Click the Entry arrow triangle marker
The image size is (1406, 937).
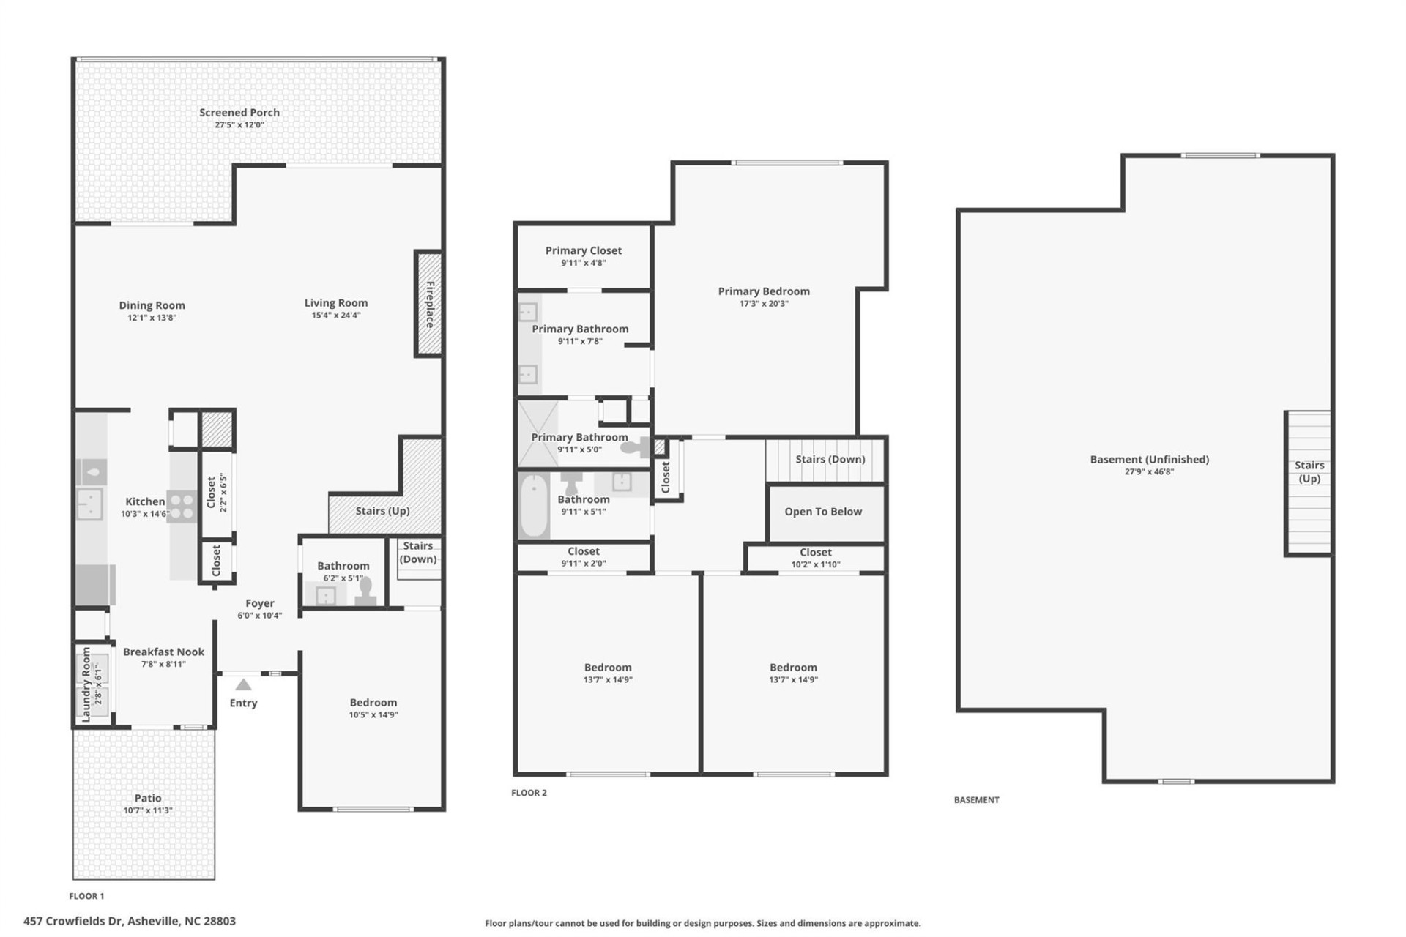243,685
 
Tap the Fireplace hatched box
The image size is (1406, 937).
429,304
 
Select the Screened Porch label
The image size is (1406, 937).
239,112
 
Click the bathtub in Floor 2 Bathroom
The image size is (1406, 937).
534,505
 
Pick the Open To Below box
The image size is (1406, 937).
824,512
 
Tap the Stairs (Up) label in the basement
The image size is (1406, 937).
1309,471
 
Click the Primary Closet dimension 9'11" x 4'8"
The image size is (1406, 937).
584,263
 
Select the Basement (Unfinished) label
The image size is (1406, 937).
1149,459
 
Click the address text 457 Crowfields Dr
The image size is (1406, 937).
73,921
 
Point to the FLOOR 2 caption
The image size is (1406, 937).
529,792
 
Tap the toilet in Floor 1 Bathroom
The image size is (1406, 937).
365,591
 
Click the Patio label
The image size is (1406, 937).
148,798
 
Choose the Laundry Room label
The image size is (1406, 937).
86,684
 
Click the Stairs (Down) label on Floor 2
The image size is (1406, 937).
830,459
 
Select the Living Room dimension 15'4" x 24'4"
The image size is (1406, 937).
336,316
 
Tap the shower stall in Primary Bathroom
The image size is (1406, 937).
538,433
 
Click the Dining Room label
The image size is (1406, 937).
152,305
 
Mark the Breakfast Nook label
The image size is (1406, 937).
163,652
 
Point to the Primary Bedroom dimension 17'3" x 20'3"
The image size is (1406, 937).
764,304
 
